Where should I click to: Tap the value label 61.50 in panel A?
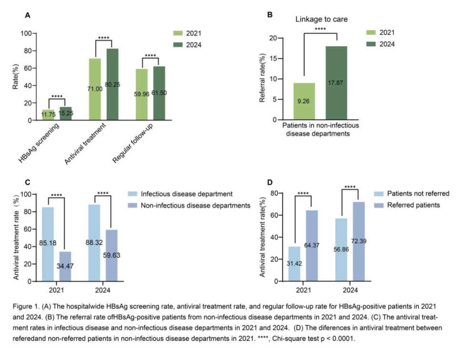tap(159, 93)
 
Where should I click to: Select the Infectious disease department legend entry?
tap(179, 194)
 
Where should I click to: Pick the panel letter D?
tap(269, 181)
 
